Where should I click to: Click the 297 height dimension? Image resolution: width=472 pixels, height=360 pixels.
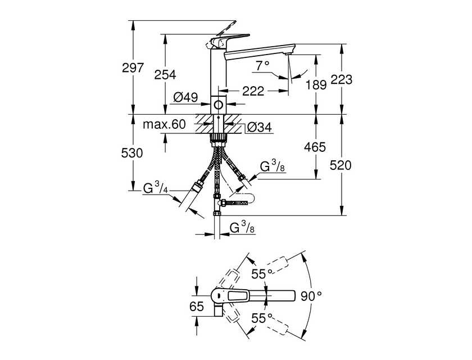[x=133, y=68]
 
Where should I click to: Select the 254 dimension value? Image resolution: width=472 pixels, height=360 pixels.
[x=165, y=75]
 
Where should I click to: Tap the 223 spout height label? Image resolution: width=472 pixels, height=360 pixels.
[x=342, y=79]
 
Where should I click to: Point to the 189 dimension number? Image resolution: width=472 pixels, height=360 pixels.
[x=316, y=85]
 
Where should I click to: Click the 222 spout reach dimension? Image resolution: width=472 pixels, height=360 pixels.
[x=253, y=91]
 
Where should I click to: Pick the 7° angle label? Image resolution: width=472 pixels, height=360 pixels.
[x=262, y=66]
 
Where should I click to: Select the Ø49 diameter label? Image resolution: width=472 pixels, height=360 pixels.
[x=185, y=97]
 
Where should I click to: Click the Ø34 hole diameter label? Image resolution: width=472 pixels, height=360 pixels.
[x=259, y=128]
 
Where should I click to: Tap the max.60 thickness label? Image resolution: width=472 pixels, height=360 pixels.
[x=164, y=124]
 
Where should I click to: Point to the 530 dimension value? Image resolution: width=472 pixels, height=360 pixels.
[x=132, y=154]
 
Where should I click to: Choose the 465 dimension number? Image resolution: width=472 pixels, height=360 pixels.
[x=315, y=147]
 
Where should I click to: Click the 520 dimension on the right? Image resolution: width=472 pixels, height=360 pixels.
[x=341, y=165]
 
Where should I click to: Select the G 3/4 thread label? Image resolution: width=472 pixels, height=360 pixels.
[x=155, y=188]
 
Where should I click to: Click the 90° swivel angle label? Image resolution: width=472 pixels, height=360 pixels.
[x=311, y=296]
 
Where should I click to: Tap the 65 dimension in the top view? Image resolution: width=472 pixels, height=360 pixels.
[x=197, y=307]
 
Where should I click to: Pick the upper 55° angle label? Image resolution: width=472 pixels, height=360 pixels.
[x=262, y=274]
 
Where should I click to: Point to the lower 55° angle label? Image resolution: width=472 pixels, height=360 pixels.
[x=262, y=318]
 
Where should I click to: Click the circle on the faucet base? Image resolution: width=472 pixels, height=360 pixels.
[x=218, y=105]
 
